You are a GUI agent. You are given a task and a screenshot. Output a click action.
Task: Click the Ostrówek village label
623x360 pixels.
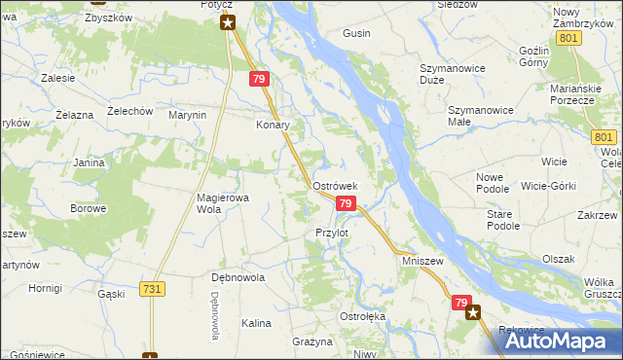[336, 185]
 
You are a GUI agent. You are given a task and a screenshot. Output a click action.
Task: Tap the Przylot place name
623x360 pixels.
[332, 233]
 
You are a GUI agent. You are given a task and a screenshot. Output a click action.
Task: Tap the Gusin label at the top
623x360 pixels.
[356, 33]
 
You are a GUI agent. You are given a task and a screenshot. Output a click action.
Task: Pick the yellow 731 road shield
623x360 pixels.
[151, 290]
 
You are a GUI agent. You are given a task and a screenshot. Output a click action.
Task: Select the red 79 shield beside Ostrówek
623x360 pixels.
[345, 202]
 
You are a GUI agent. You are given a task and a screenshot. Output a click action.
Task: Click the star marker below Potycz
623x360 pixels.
[228, 21]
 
